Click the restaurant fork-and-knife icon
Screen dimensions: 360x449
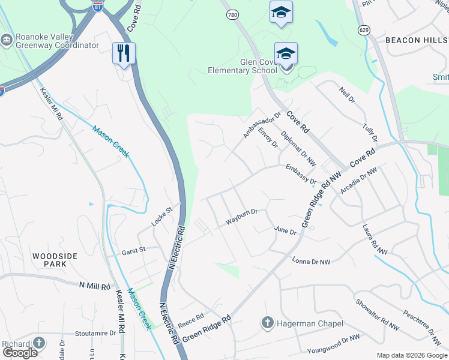coord(124,53)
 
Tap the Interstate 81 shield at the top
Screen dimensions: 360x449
coord(98,5)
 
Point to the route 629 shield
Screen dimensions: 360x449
coord(364,30)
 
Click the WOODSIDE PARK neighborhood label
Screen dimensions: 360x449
coord(55,260)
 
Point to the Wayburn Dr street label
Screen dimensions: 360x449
coord(241,217)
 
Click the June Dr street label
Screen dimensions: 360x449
coord(285,231)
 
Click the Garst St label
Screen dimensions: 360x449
coord(134,250)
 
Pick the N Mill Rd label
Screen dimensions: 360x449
coord(95,287)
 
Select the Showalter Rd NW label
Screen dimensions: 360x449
coord(377,315)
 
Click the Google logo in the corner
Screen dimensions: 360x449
coord(20,353)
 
